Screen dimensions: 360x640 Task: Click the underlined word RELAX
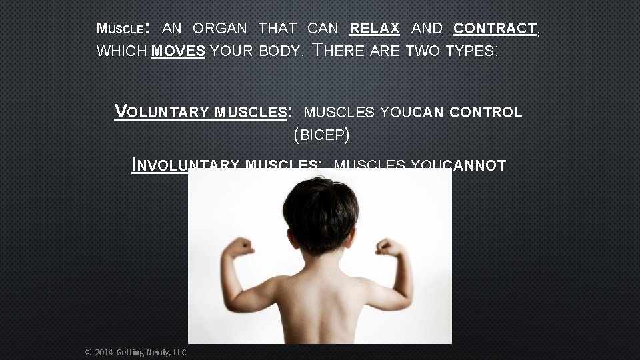pyautogui.click(x=375, y=29)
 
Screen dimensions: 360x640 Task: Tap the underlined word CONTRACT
pyautogui.click(x=495, y=29)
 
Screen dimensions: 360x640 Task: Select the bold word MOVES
pyautogui.click(x=178, y=51)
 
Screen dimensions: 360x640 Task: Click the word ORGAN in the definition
pyautogui.click(x=220, y=29)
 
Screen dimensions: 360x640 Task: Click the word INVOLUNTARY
pyautogui.click(x=186, y=165)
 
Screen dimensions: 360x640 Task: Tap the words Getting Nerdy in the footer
pyautogui.click(x=142, y=352)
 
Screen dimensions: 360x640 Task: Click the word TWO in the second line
pyautogui.click(x=421, y=51)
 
